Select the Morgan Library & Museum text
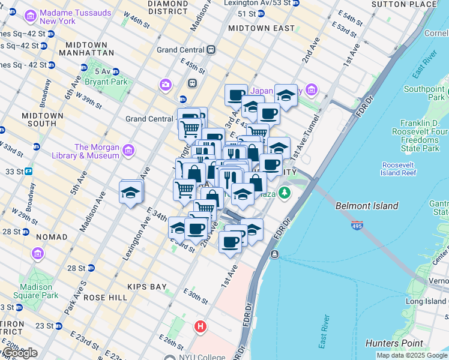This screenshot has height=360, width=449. click(x=97, y=151)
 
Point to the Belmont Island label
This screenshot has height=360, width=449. click(x=367, y=206)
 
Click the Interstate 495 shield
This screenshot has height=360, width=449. click(x=357, y=226)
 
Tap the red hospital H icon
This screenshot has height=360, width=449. click(x=200, y=327)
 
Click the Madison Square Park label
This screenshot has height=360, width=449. click(x=38, y=290)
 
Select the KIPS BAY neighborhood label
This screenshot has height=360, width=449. click(x=146, y=287)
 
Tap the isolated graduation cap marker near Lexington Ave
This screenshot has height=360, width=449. click(x=130, y=192)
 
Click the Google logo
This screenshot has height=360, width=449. click(x=19, y=353)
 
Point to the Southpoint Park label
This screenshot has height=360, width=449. click(x=424, y=93)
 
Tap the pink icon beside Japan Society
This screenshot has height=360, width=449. click(x=311, y=90)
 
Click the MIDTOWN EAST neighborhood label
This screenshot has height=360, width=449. click(x=261, y=28)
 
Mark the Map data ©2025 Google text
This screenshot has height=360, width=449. click(x=411, y=355)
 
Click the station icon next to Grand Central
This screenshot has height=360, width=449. click(x=210, y=50)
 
